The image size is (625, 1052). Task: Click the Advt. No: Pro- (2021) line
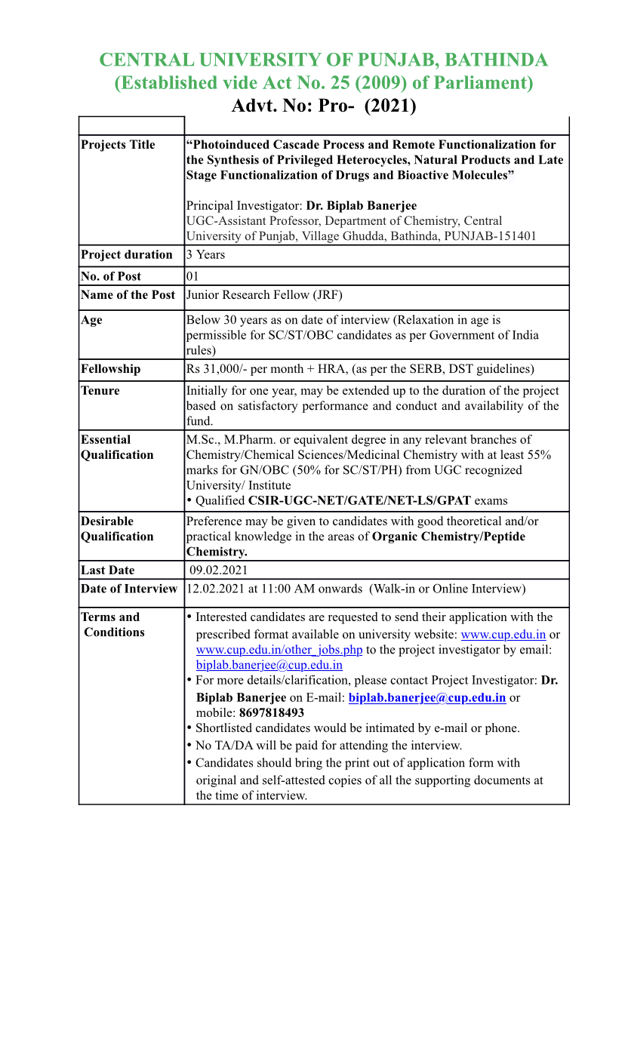tap(323, 106)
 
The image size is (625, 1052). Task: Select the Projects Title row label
tap(118, 145)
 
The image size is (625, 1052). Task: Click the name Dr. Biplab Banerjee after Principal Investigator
tap(361, 205)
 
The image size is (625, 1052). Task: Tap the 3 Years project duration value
tap(205, 255)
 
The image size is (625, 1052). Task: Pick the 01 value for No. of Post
tap(192, 276)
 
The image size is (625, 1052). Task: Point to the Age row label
tap(91, 320)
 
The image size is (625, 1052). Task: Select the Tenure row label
tap(100, 390)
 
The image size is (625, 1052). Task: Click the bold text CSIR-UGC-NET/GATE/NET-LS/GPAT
tap(359, 500)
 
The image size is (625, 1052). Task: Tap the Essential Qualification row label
tap(117, 448)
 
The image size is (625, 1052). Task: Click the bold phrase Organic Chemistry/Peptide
tap(448, 537)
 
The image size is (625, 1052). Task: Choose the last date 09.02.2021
tap(218, 571)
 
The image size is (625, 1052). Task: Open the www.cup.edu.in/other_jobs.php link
tap(279, 650)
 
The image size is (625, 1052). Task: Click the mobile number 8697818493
tap(272, 712)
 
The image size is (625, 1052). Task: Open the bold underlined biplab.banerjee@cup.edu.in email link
tap(427, 697)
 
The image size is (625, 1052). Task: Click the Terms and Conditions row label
tap(112, 625)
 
